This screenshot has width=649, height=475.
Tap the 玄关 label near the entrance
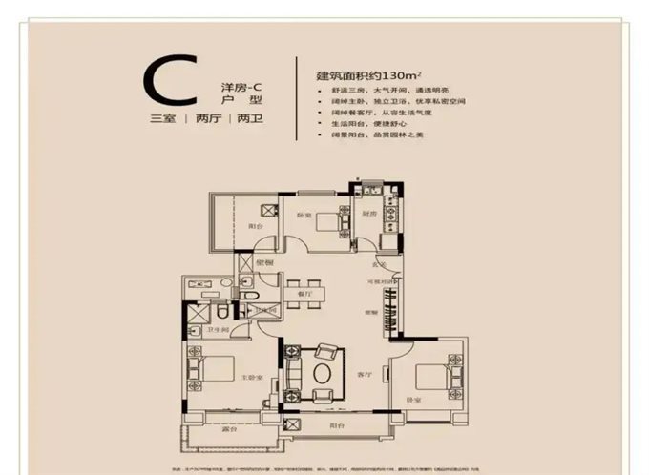(378, 265)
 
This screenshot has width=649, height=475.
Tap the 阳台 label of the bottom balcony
(338, 426)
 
